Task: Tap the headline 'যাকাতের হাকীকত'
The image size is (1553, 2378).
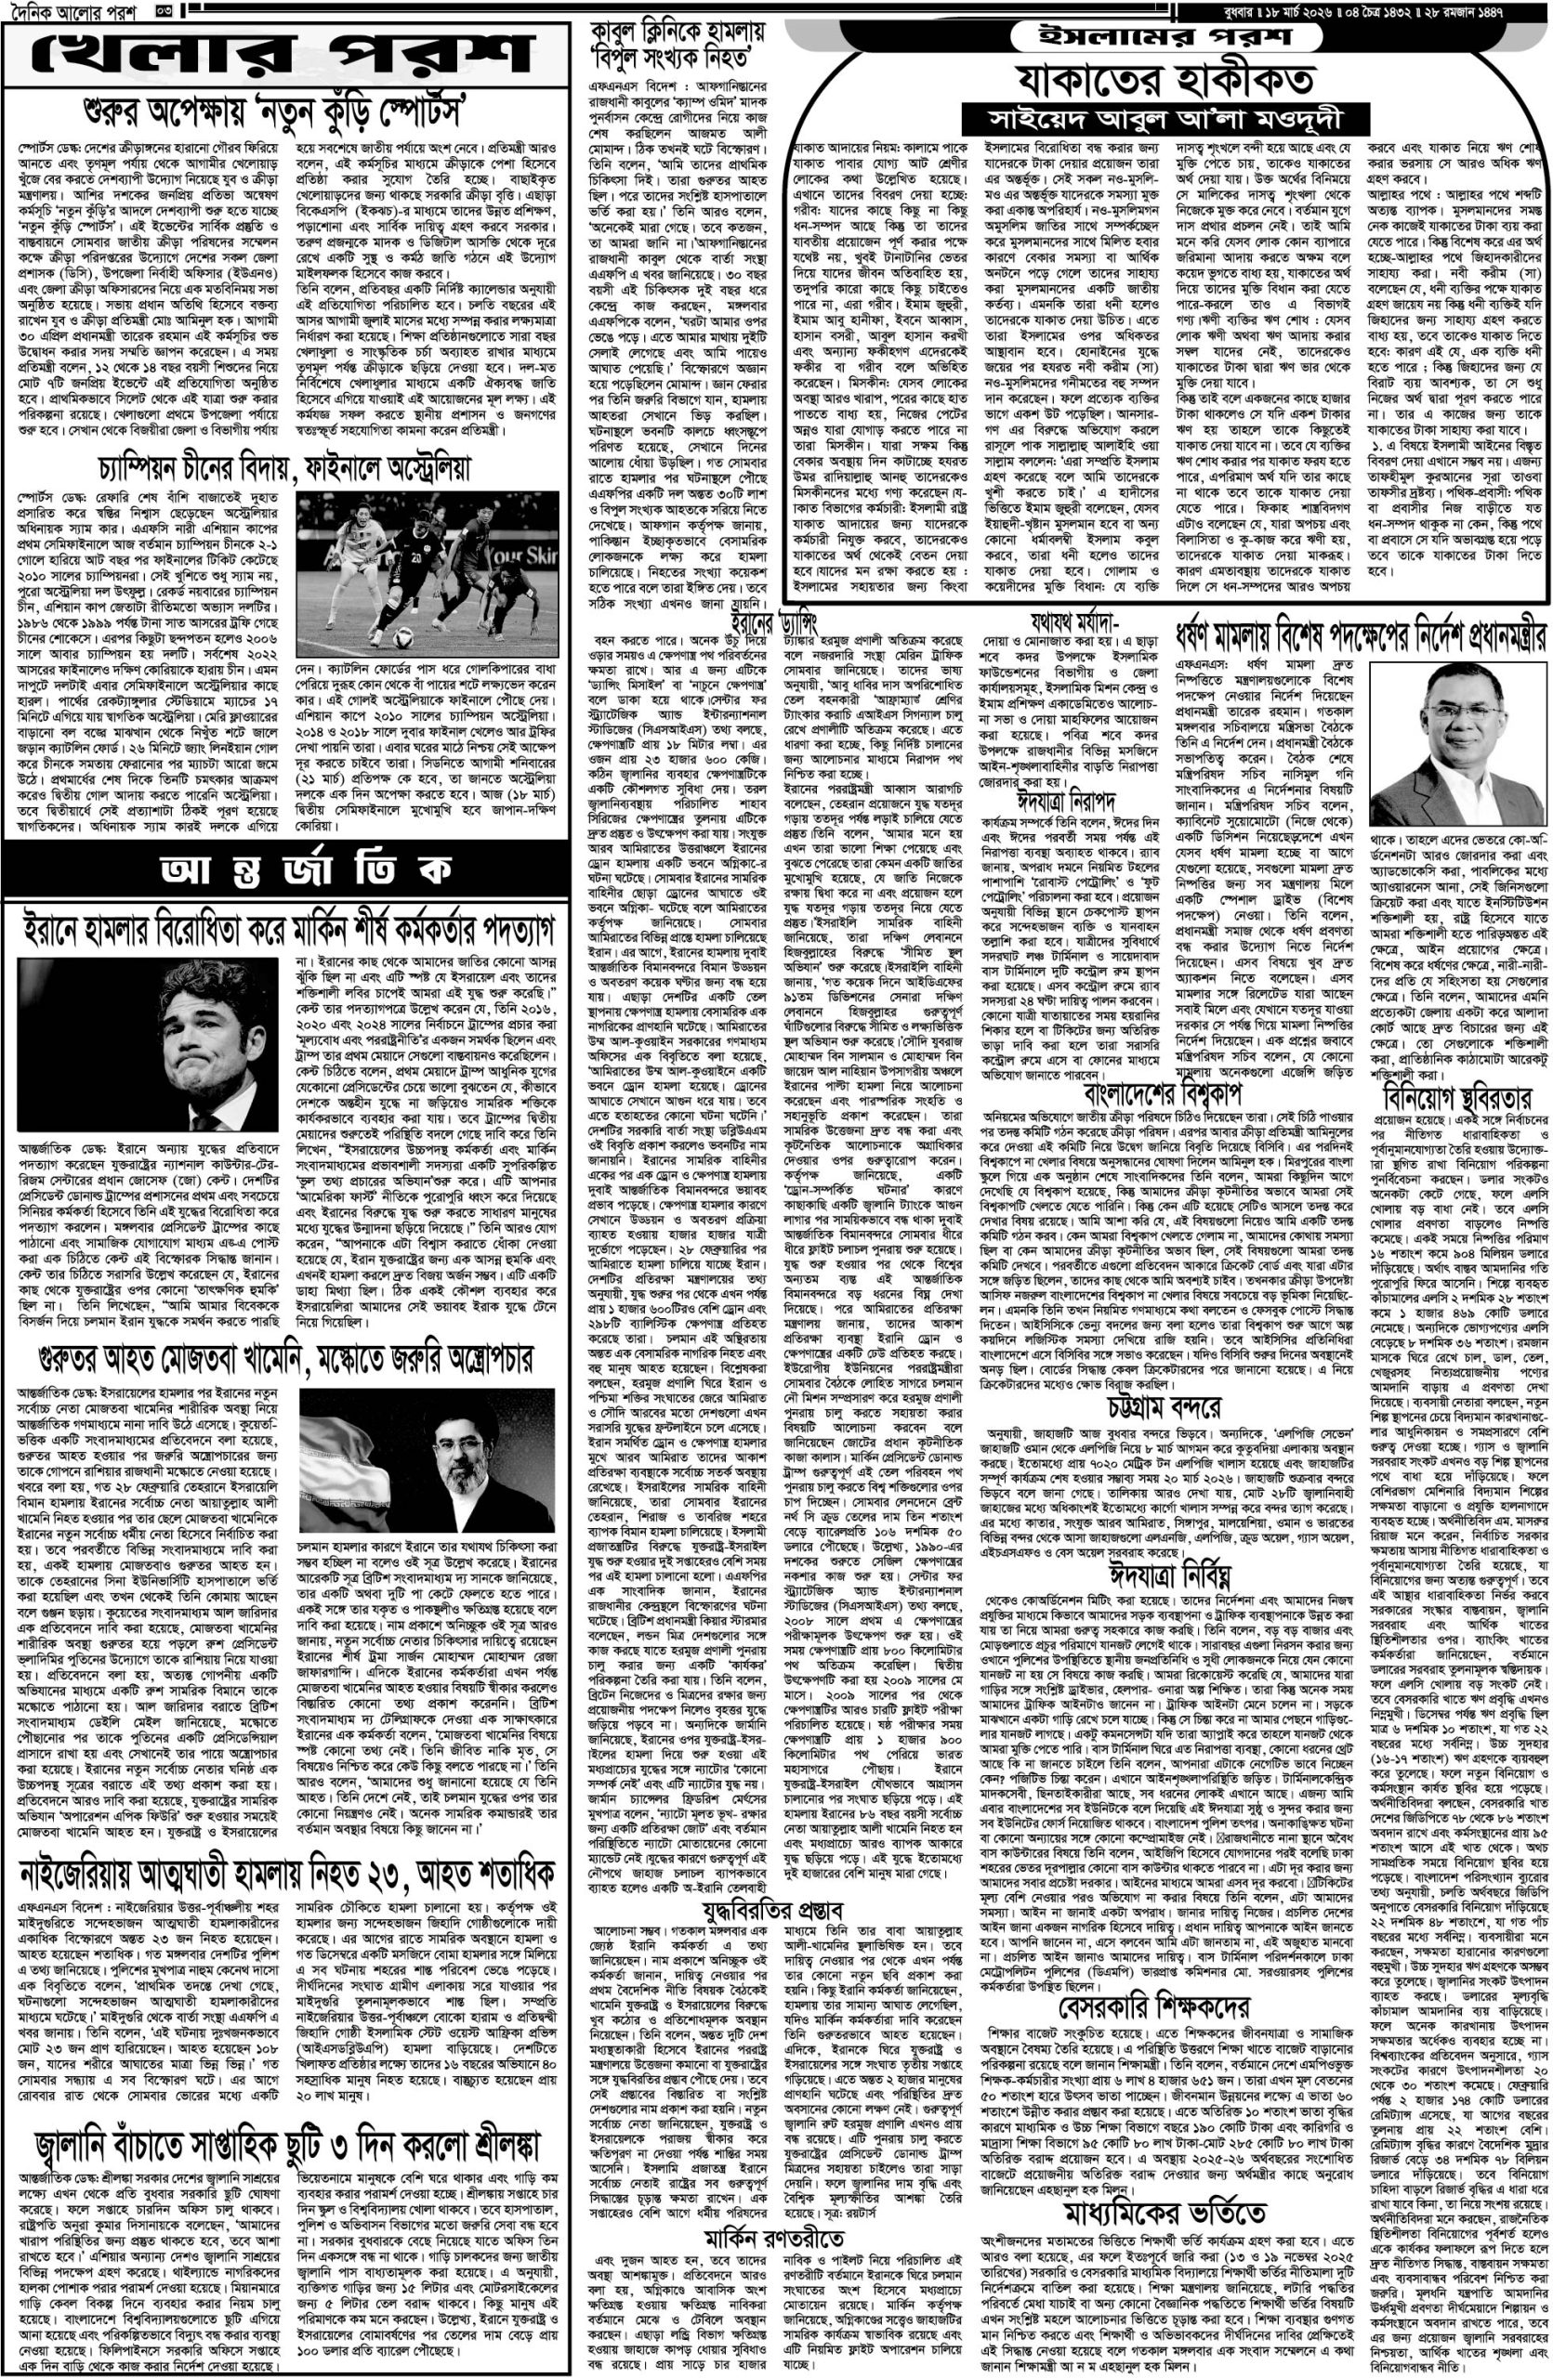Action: click(1166, 78)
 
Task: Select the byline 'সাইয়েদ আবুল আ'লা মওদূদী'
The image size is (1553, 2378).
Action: click(1166, 115)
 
